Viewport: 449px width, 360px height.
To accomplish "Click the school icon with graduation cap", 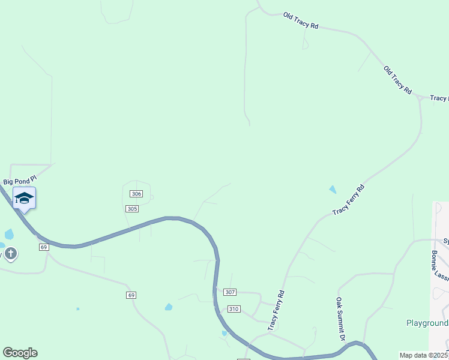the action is pos(24,198).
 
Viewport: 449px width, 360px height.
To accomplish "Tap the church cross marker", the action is pos(10,254).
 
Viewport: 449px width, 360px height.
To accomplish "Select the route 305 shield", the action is pos(133,209).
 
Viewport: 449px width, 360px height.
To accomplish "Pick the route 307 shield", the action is pos(231,292).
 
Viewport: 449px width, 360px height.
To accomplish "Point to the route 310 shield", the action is pos(234,309).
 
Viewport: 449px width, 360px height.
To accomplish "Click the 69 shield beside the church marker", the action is pos(44,247).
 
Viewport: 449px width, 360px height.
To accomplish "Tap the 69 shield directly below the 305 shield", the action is pos(131,295).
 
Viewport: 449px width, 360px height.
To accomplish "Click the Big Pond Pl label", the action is pos(20,181).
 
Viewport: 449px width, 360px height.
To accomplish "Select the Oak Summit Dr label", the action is pos(340,319).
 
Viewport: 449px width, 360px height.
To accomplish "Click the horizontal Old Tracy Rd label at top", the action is pos(301,22).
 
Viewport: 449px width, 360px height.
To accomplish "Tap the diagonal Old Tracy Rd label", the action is pos(398,80).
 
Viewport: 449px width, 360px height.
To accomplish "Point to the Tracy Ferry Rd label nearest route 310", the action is pos(276,310).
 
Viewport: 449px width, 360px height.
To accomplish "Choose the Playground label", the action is pos(427,323).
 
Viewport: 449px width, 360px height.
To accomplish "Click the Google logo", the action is pos(20,353).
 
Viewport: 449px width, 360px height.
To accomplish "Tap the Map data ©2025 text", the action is pos(424,355).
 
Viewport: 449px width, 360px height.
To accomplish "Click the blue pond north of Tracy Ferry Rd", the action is pos(333,190).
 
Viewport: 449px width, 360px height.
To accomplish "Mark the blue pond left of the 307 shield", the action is pos(169,307).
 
